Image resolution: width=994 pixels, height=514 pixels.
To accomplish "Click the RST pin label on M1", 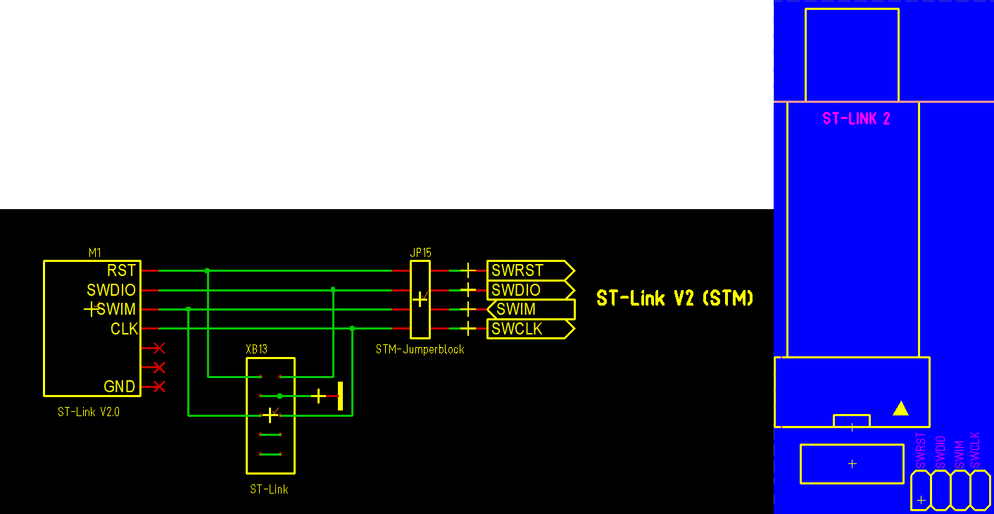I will [x=121, y=270].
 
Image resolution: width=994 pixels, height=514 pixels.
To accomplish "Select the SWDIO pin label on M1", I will [x=111, y=290].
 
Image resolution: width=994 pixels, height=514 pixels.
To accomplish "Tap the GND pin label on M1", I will [x=119, y=387].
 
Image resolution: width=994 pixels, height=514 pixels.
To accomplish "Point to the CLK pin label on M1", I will [x=124, y=329].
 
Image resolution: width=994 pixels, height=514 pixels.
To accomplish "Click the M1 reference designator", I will [x=95, y=253].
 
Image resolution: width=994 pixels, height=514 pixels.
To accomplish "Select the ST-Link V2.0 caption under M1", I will [x=89, y=412].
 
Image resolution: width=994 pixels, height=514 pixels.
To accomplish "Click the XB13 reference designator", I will [x=256, y=349].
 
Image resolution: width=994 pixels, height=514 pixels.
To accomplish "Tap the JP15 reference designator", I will [x=420, y=253].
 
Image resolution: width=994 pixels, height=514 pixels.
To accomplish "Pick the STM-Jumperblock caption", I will [x=420, y=349].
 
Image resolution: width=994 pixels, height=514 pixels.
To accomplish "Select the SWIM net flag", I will [x=531, y=309].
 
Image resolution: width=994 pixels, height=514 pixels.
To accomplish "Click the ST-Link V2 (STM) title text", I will [x=675, y=299].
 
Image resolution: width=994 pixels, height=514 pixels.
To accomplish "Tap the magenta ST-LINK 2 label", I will [x=856, y=119].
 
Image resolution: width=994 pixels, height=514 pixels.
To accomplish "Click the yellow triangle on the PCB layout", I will [x=900, y=408].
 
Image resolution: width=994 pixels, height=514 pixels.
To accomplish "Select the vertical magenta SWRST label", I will [x=921, y=451].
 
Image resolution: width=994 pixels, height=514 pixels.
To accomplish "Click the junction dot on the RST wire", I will [x=207, y=270].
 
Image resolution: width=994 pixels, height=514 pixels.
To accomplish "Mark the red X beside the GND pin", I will [x=158, y=387].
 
